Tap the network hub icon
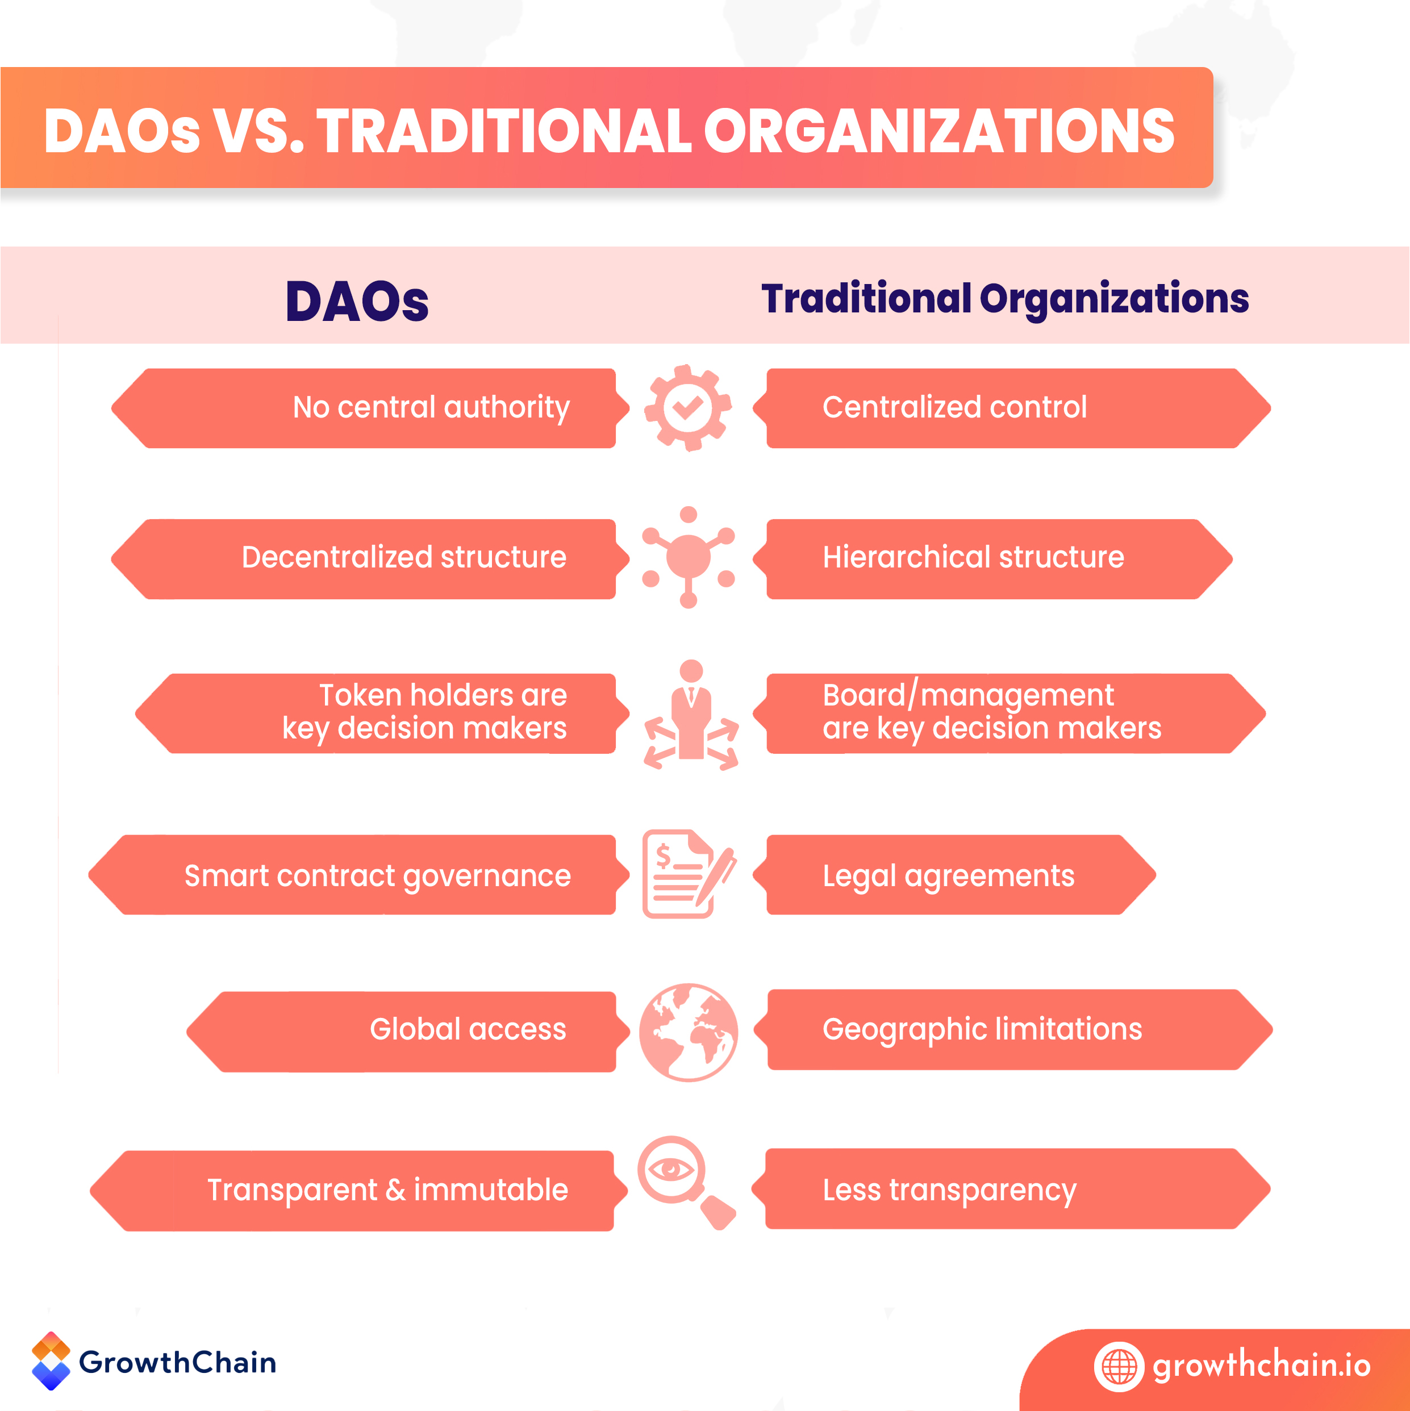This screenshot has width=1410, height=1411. coord(688,557)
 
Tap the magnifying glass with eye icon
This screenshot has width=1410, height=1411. coord(685,1182)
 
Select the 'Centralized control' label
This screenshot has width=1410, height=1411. coord(954,407)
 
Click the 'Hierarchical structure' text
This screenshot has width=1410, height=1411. coord(973,557)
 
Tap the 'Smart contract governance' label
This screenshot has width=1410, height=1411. coord(377,876)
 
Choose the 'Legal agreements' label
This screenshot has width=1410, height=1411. coord(948,876)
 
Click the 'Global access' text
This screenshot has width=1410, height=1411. coord(468,1029)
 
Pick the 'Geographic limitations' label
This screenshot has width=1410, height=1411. coord(982,1029)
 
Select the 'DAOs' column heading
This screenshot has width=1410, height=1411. coord(357,301)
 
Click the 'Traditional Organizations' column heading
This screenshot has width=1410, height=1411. coord(1004,299)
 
